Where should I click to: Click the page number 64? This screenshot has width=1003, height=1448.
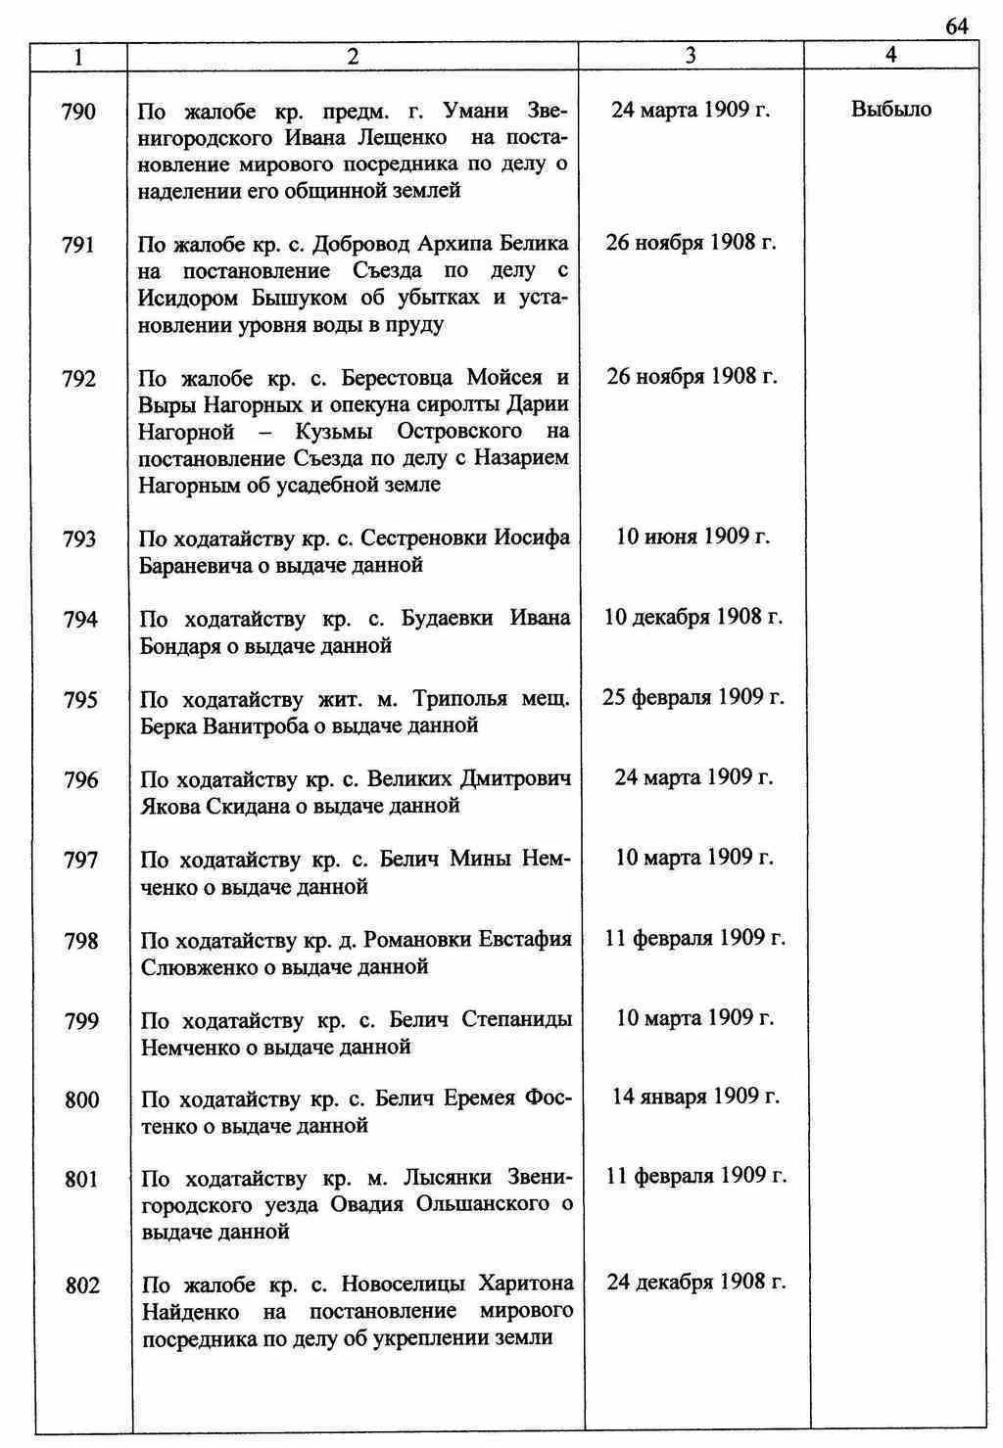[957, 26]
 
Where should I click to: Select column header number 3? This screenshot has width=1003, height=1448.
[691, 56]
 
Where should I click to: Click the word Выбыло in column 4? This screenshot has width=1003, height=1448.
[891, 110]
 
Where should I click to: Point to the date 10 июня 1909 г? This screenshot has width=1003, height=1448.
[693, 537]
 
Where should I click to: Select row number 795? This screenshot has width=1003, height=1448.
[80, 700]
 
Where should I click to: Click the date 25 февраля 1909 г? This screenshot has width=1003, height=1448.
[693, 697]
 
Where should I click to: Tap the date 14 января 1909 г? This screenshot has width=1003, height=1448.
[695, 1097]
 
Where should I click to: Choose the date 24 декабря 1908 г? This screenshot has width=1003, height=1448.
[695, 1283]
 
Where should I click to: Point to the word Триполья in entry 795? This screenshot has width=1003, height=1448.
[459, 699]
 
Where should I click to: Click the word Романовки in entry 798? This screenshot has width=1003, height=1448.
[417, 940]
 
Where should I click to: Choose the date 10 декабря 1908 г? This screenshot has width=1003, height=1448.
[693, 617]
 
